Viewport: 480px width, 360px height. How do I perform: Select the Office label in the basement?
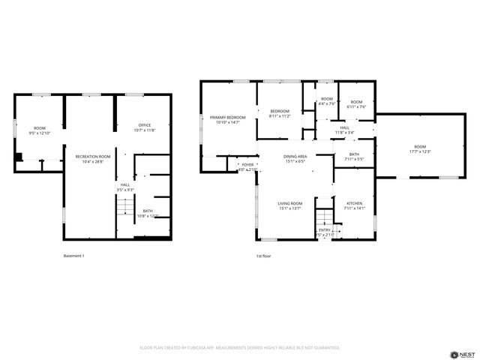[x=144, y=127]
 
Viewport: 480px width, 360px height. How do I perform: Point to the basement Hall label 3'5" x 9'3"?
[x=124, y=187]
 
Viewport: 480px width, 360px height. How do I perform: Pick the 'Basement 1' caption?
[x=74, y=256]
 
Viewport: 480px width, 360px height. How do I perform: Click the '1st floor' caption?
[x=262, y=256]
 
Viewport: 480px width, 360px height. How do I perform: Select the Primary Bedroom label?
[x=227, y=119]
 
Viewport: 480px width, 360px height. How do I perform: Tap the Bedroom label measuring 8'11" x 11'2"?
[x=280, y=113]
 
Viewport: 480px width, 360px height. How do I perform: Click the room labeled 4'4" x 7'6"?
[x=326, y=103]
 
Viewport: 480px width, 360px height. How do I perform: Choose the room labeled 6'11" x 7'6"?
[x=356, y=104]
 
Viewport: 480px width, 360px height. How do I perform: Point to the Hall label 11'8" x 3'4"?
[x=344, y=130]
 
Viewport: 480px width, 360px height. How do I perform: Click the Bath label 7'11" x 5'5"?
[x=354, y=157]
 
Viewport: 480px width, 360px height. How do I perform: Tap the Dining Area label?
[x=295, y=158]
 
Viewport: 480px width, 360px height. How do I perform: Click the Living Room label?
[x=289, y=205]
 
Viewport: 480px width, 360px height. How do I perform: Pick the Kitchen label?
[x=354, y=205]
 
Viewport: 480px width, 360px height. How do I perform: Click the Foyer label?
[x=247, y=167]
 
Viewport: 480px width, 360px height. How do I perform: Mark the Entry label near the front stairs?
[x=324, y=232]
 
